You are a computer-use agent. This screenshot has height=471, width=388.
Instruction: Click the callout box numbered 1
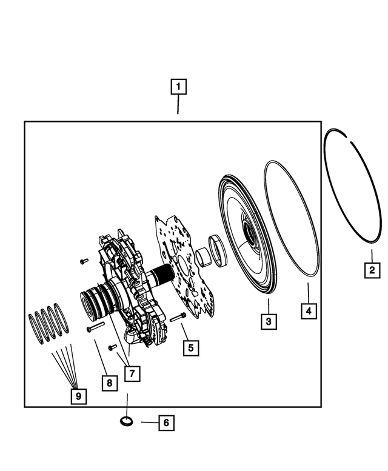(178, 87)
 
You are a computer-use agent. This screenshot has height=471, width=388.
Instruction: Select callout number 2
(372, 270)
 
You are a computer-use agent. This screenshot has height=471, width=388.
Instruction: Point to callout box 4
(309, 312)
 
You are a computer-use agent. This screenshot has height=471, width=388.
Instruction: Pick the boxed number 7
(131, 373)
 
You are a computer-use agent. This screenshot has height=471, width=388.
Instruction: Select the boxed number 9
(77, 396)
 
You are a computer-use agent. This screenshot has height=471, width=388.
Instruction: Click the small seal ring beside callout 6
(127, 421)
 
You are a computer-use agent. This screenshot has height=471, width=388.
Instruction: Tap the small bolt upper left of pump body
(84, 261)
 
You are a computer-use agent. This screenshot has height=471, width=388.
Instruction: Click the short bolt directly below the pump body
(113, 347)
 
